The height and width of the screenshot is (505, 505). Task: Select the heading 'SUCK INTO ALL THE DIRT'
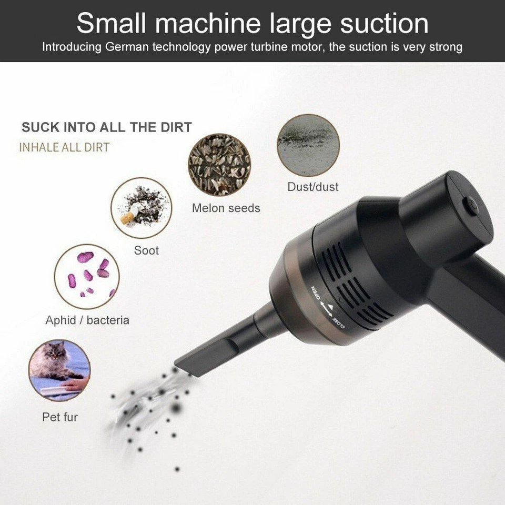(x=106, y=127)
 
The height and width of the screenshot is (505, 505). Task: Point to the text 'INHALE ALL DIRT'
(x=64, y=147)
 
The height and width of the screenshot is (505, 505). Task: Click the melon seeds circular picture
(x=219, y=165)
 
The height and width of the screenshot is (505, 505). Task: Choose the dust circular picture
(x=308, y=145)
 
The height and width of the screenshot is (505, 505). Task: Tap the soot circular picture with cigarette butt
(x=141, y=207)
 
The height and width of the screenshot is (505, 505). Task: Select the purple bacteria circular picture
(x=87, y=276)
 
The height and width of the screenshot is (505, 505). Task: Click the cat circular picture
(x=59, y=370)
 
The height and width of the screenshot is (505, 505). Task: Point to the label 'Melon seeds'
(x=226, y=208)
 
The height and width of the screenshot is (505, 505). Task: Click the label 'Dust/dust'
(x=313, y=187)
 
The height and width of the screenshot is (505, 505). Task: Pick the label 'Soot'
(x=146, y=250)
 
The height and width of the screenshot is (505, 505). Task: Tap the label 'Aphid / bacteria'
(x=87, y=320)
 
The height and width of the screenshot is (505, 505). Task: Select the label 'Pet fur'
(x=60, y=417)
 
